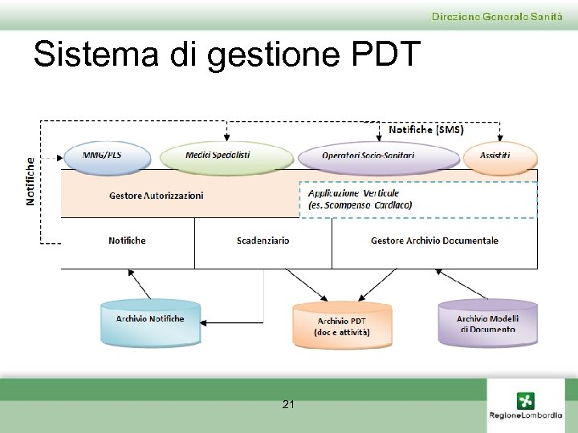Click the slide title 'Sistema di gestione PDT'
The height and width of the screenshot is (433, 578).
[x=226, y=55]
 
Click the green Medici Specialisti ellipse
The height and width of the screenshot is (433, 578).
[x=227, y=156]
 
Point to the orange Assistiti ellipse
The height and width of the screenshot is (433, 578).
[x=497, y=156]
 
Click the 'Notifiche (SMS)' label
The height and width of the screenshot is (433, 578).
[x=425, y=129]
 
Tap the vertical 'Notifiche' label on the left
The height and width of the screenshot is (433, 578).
[x=31, y=180]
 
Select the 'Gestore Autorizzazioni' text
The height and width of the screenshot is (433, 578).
[x=156, y=195]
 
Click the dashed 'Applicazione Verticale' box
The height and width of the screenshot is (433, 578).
[x=417, y=200]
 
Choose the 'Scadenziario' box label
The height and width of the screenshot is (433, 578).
[x=263, y=241]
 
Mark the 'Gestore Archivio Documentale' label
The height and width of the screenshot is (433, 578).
[x=434, y=241]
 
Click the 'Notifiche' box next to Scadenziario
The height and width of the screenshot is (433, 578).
[x=127, y=241]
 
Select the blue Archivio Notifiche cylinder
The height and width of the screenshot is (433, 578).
[x=149, y=322]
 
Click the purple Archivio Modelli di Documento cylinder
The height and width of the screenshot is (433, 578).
[x=487, y=323]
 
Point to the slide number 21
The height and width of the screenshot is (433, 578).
[x=288, y=405]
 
